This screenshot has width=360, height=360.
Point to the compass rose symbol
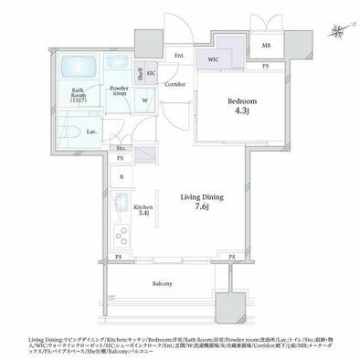coord(338,30)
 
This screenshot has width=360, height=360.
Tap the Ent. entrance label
coord(178,56)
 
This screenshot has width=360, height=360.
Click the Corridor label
coord(176,85)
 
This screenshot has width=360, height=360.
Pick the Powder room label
coord(118,90)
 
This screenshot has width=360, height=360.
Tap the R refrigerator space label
coord(122,177)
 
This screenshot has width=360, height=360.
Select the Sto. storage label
coord(121,149)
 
